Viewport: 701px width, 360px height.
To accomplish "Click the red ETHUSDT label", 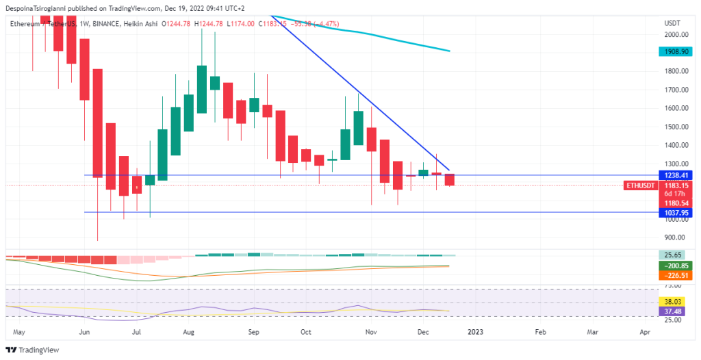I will click(x=641, y=185).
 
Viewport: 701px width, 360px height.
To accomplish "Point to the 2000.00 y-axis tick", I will click(x=676, y=34).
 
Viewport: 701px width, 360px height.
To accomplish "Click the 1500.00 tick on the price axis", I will click(x=676, y=127).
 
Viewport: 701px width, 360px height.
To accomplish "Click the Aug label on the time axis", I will click(x=189, y=332).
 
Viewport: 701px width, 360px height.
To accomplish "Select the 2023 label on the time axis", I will click(x=474, y=332).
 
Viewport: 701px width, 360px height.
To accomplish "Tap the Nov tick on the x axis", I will click(x=370, y=332).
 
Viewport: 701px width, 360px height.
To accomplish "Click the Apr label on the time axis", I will click(x=644, y=332).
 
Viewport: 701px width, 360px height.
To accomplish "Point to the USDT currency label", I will click(x=672, y=23).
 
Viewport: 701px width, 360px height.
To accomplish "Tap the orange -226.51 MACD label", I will click(x=673, y=275).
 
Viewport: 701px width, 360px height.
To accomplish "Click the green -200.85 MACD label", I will click(x=673, y=266).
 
